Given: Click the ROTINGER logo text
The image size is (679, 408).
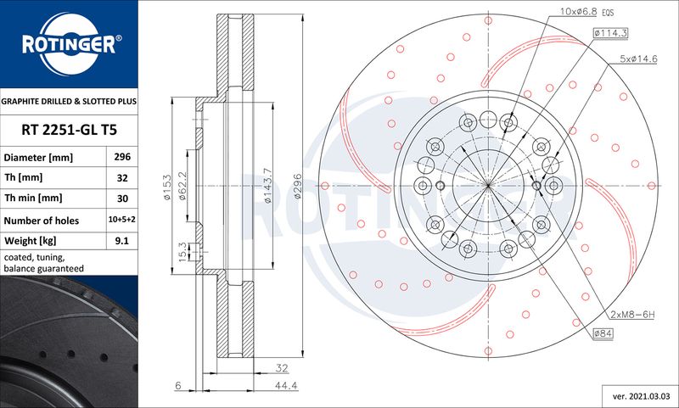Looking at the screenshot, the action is (x=69, y=44).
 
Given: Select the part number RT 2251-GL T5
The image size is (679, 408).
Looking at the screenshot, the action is (x=70, y=130).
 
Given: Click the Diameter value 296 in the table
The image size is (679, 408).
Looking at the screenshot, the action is (x=122, y=157).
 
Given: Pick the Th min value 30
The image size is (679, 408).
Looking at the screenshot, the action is (x=122, y=198).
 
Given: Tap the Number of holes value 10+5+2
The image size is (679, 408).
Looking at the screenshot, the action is (x=121, y=220).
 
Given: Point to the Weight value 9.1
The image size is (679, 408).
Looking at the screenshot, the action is (x=122, y=240).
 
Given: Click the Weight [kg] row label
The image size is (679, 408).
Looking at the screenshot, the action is (x=31, y=241).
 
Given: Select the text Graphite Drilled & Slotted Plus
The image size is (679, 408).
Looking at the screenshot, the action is (x=69, y=101).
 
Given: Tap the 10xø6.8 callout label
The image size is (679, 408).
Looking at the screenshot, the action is (x=579, y=12).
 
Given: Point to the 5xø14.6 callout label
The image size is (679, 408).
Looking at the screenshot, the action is (x=639, y=59).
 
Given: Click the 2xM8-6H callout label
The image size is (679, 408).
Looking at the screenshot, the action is (x=632, y=315).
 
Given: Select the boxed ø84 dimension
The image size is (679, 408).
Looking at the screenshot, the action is (x=603, y=333).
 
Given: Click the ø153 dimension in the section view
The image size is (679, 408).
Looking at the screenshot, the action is (x=166, y=187).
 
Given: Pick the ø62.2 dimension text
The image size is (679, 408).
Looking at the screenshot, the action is (x=182, y=186).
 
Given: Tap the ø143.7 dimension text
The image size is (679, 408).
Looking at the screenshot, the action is (x=267, y=186).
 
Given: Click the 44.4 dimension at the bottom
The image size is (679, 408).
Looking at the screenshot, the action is (x=286, y=385).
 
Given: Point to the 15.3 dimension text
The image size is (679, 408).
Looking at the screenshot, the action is (x=182, y=251).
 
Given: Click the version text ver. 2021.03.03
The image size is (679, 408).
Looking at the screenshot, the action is (x=642, y=396).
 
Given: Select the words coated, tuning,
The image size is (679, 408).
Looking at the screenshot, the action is (x=34, y=257).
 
